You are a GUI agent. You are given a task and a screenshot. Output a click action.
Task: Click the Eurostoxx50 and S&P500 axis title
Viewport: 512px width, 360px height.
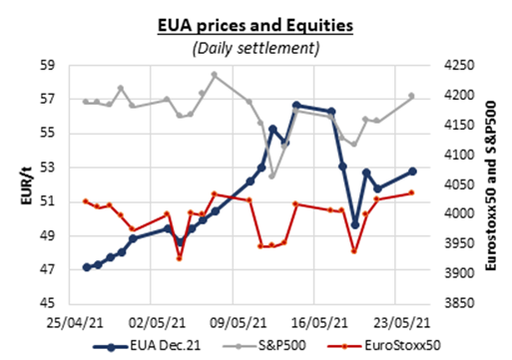496,184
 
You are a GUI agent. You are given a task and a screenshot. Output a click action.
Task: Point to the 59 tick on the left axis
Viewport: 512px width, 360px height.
47,65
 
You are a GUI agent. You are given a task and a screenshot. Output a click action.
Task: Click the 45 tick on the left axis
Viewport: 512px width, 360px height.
47,303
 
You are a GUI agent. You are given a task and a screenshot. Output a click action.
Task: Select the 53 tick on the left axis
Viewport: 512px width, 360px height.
47,167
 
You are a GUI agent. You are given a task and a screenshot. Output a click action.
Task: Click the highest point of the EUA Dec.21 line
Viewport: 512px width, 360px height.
296,105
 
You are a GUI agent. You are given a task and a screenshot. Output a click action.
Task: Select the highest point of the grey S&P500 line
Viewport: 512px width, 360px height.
215,75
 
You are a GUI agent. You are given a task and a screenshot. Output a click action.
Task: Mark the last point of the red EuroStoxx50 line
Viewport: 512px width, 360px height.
412,193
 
